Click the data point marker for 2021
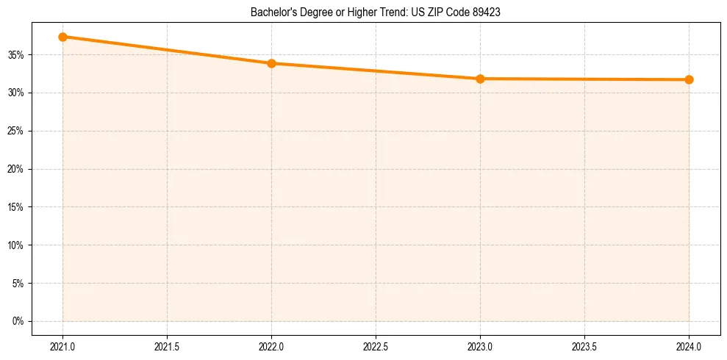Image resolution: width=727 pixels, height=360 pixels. pyautogui.click(x=62, y=37)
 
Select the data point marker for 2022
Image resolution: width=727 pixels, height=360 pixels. pyautogui.click(x=271, y=63)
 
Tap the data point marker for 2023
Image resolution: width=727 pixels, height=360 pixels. pyautogui.click(x=480, y=79)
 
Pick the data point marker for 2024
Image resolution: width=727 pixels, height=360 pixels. pyautogui.click(x=689, y=79)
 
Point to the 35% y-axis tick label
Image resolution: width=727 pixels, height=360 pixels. pyautogui.click(x=17, y=55)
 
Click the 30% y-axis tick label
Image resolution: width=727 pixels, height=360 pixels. pyautogui.click(x=17, y=93)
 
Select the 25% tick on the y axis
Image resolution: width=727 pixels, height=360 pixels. pyautogui.click(x=17, y=131)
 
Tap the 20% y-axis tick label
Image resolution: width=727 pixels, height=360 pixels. pyautogui.click(x=17, y=169)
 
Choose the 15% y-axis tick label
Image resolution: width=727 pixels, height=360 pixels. pyautogui.click(x=17, y=207)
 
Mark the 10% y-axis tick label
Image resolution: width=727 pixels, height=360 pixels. pyautogui.click(x=17, y=245)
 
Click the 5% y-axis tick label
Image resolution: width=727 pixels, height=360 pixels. pyautogui.click(x=18, y=284)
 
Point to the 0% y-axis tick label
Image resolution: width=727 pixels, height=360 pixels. pyautogui.click(x=18, y=321)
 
